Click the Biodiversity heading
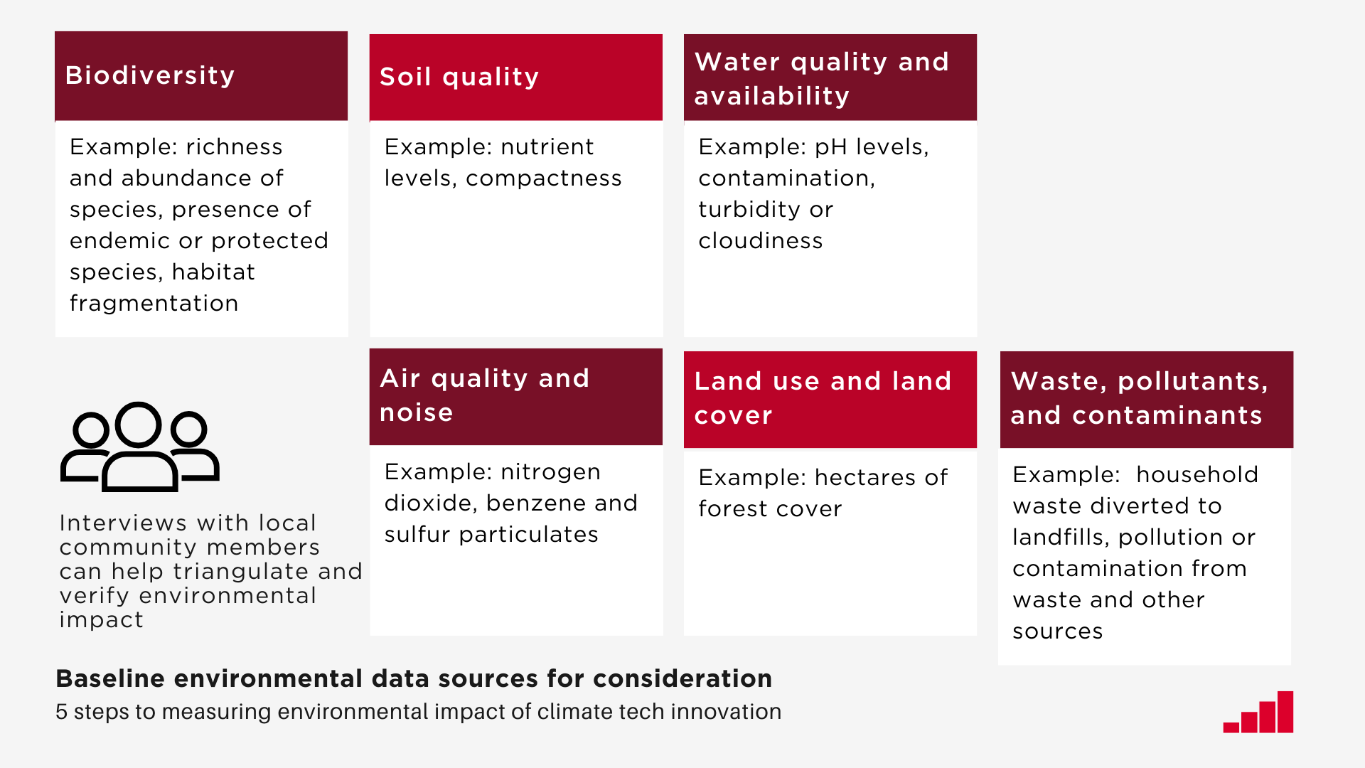pos(149,75)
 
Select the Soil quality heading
pos(459,77)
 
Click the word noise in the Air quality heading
pos(416,412)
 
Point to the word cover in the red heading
pos(733,415)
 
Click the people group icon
pos(140,447)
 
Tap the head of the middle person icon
pos(139,425)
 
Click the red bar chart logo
pos(1258,712)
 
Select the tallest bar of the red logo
pos(1285,711)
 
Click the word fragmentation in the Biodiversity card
pos(154,304)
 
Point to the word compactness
pos(543,178)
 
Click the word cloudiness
pos(760,241)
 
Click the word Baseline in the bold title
pos(109,679)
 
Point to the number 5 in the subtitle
pos(61,712)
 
